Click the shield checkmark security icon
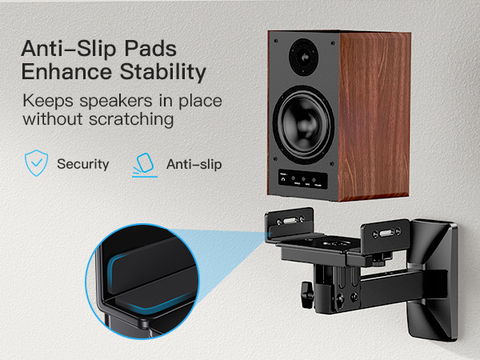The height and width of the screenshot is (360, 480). point(35,163)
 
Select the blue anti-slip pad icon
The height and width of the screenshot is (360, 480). point(143,163)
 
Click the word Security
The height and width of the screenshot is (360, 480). point(82,164)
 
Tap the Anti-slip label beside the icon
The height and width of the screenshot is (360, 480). point(194,164)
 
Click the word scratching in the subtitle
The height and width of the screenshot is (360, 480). point(132,120)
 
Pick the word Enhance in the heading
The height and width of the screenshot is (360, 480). point(63,72)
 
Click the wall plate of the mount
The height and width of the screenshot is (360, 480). point(440,280)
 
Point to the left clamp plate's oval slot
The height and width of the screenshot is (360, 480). point(290,219)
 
